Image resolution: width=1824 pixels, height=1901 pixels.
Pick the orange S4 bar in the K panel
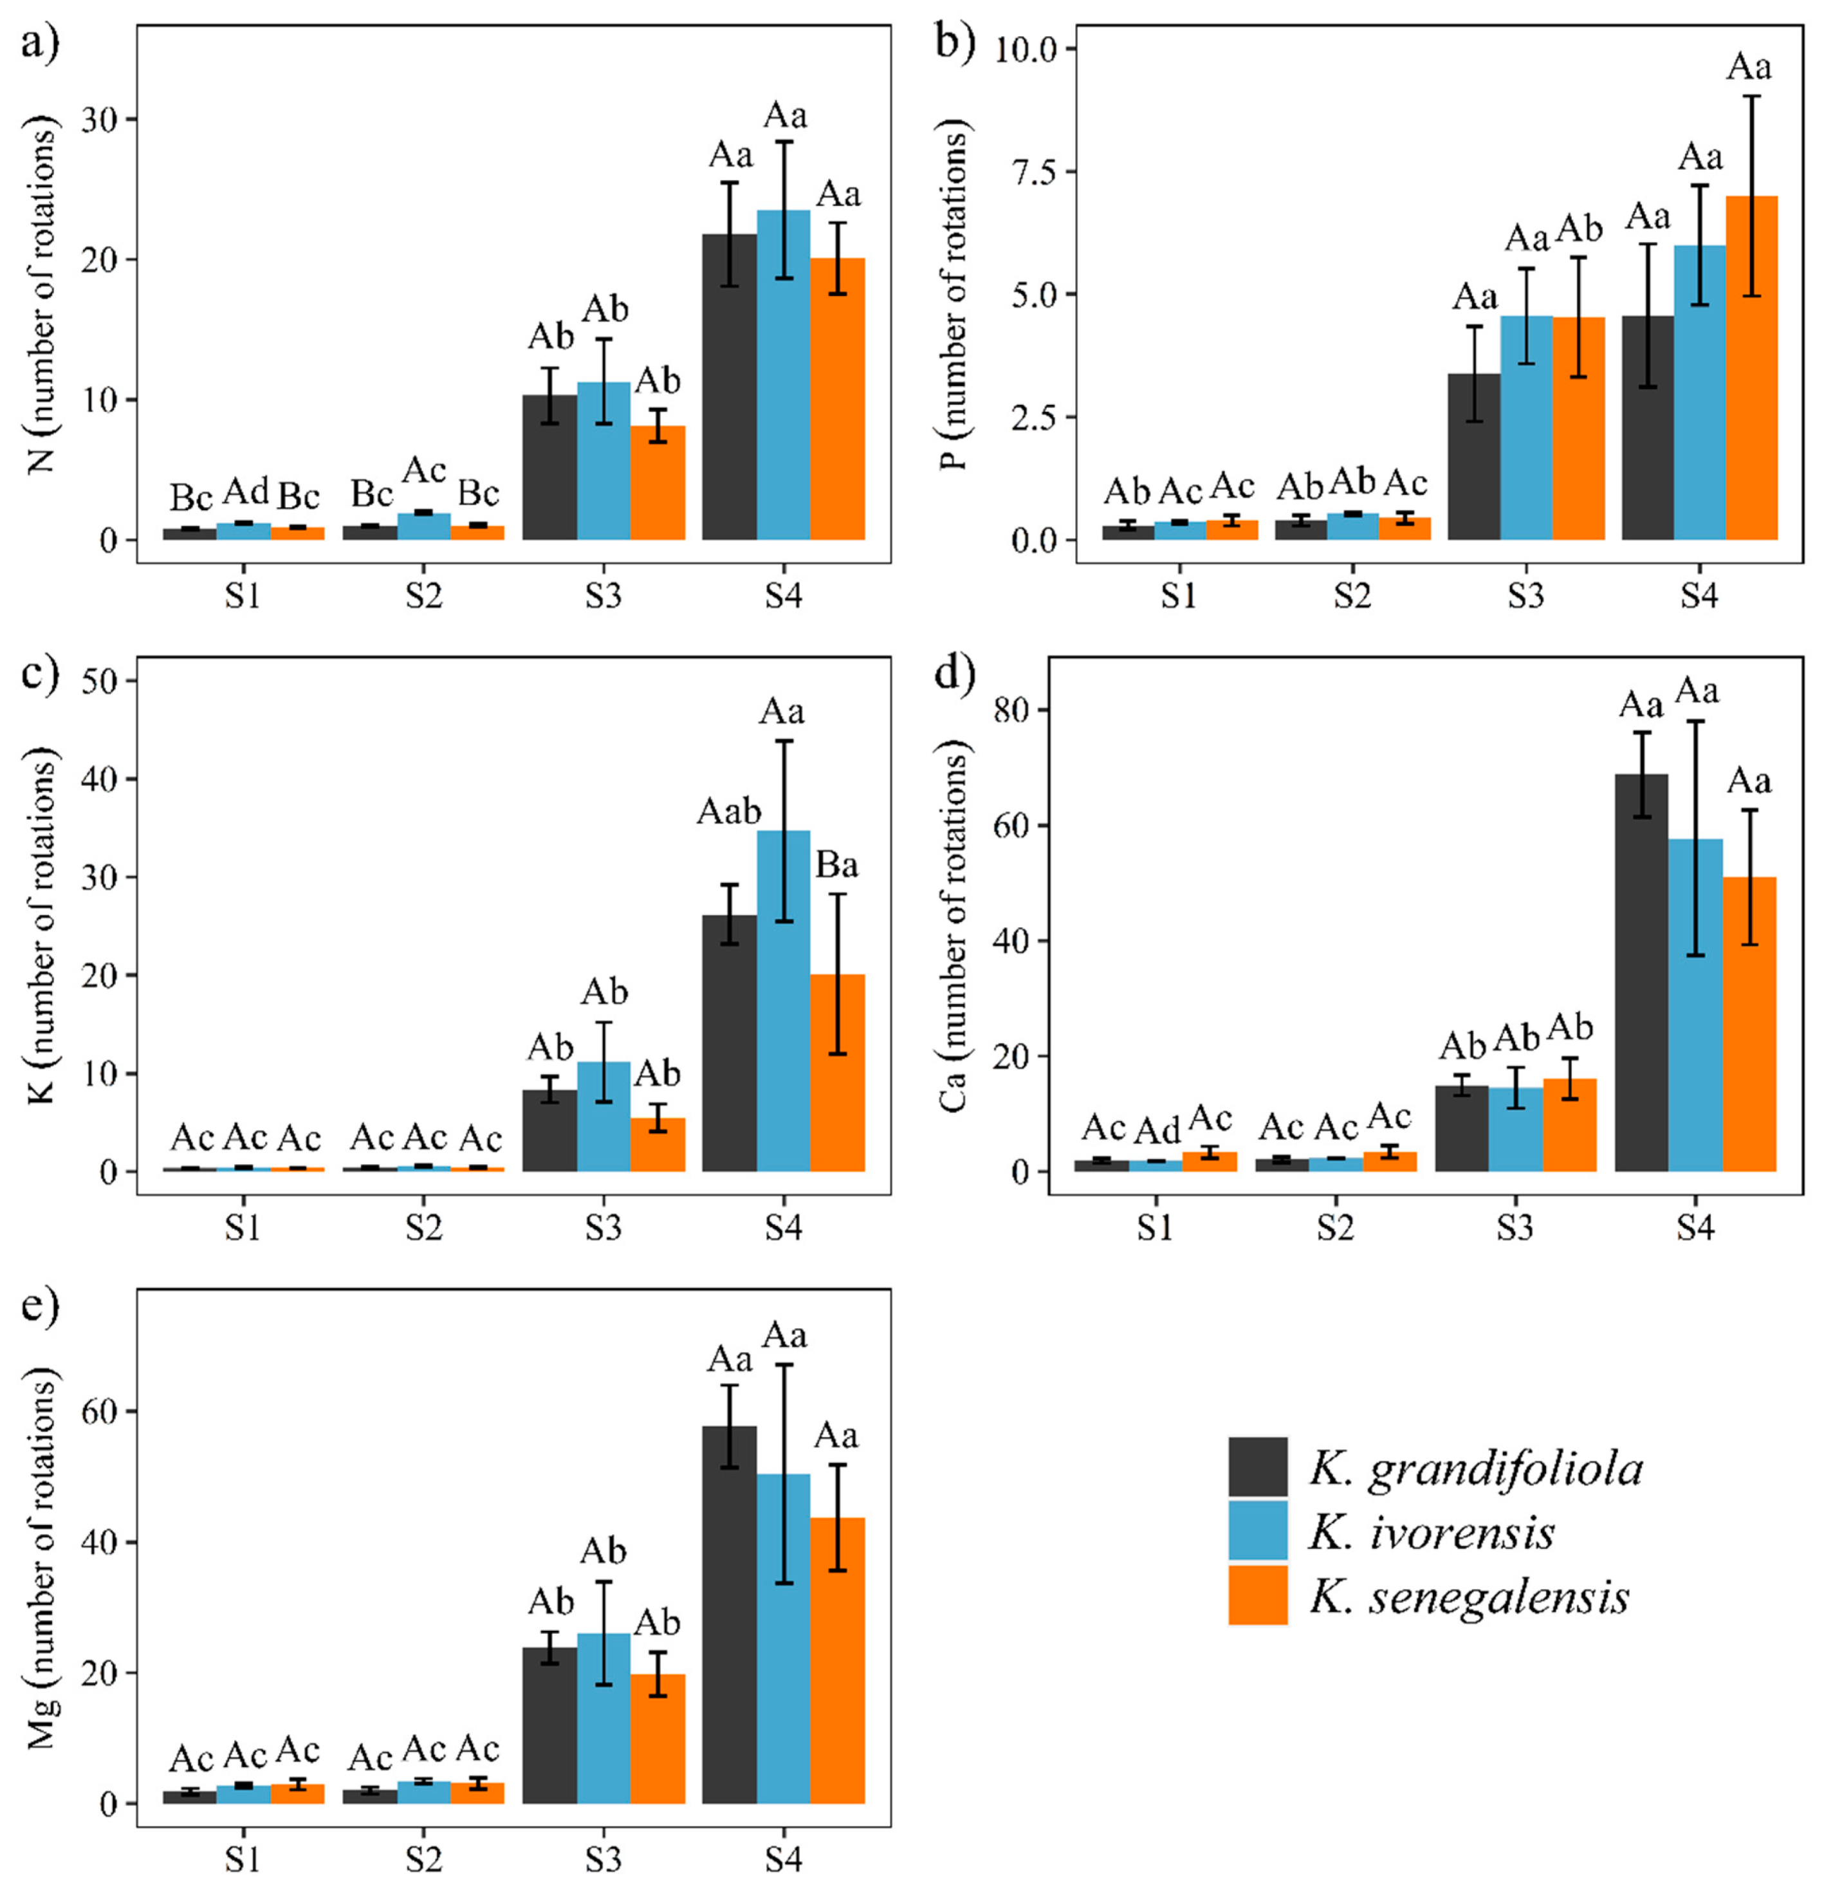[837, 1073]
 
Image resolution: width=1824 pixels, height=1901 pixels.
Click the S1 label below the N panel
[243, 595]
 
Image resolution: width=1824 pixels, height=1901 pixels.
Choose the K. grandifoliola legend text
[1476, 1471]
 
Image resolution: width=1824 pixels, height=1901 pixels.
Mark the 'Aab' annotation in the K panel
[729, 811]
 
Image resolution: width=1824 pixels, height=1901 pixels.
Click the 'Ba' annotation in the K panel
[837, 865]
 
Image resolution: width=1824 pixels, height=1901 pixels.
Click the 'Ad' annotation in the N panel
[245, 492]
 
